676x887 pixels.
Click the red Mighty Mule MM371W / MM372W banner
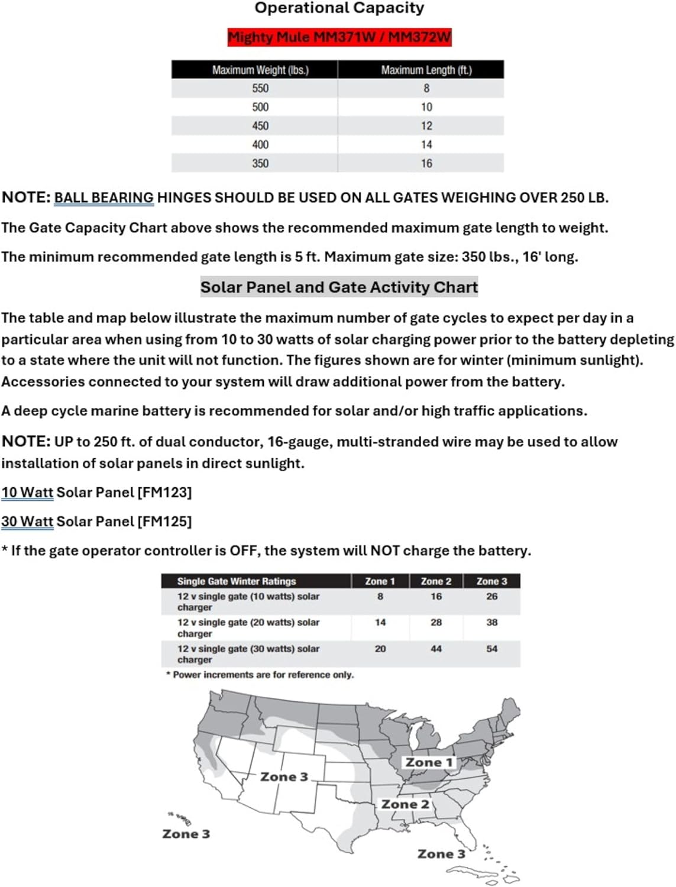[339, 37]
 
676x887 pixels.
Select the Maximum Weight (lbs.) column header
[260, 70]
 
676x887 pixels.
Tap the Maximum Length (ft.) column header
[426, 70]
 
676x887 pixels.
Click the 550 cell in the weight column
[260, 89]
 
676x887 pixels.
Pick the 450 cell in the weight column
[260, 126]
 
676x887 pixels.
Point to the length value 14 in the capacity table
[426, 145]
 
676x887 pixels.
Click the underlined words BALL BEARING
[103, 198]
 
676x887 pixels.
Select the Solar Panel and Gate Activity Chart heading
[339, 287]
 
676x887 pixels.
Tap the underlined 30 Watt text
[27, 522]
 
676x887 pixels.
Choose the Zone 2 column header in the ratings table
[436, 581]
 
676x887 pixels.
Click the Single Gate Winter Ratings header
[237, 581]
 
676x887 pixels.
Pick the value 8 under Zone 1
[380, 597]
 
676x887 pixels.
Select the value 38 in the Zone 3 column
[492, 623]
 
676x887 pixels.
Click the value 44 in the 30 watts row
[436, 649]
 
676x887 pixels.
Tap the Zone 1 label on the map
[429, 763]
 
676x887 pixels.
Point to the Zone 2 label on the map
[405, 804]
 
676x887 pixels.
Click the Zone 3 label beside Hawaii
[186, 834]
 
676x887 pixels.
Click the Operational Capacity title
[339, 8]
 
